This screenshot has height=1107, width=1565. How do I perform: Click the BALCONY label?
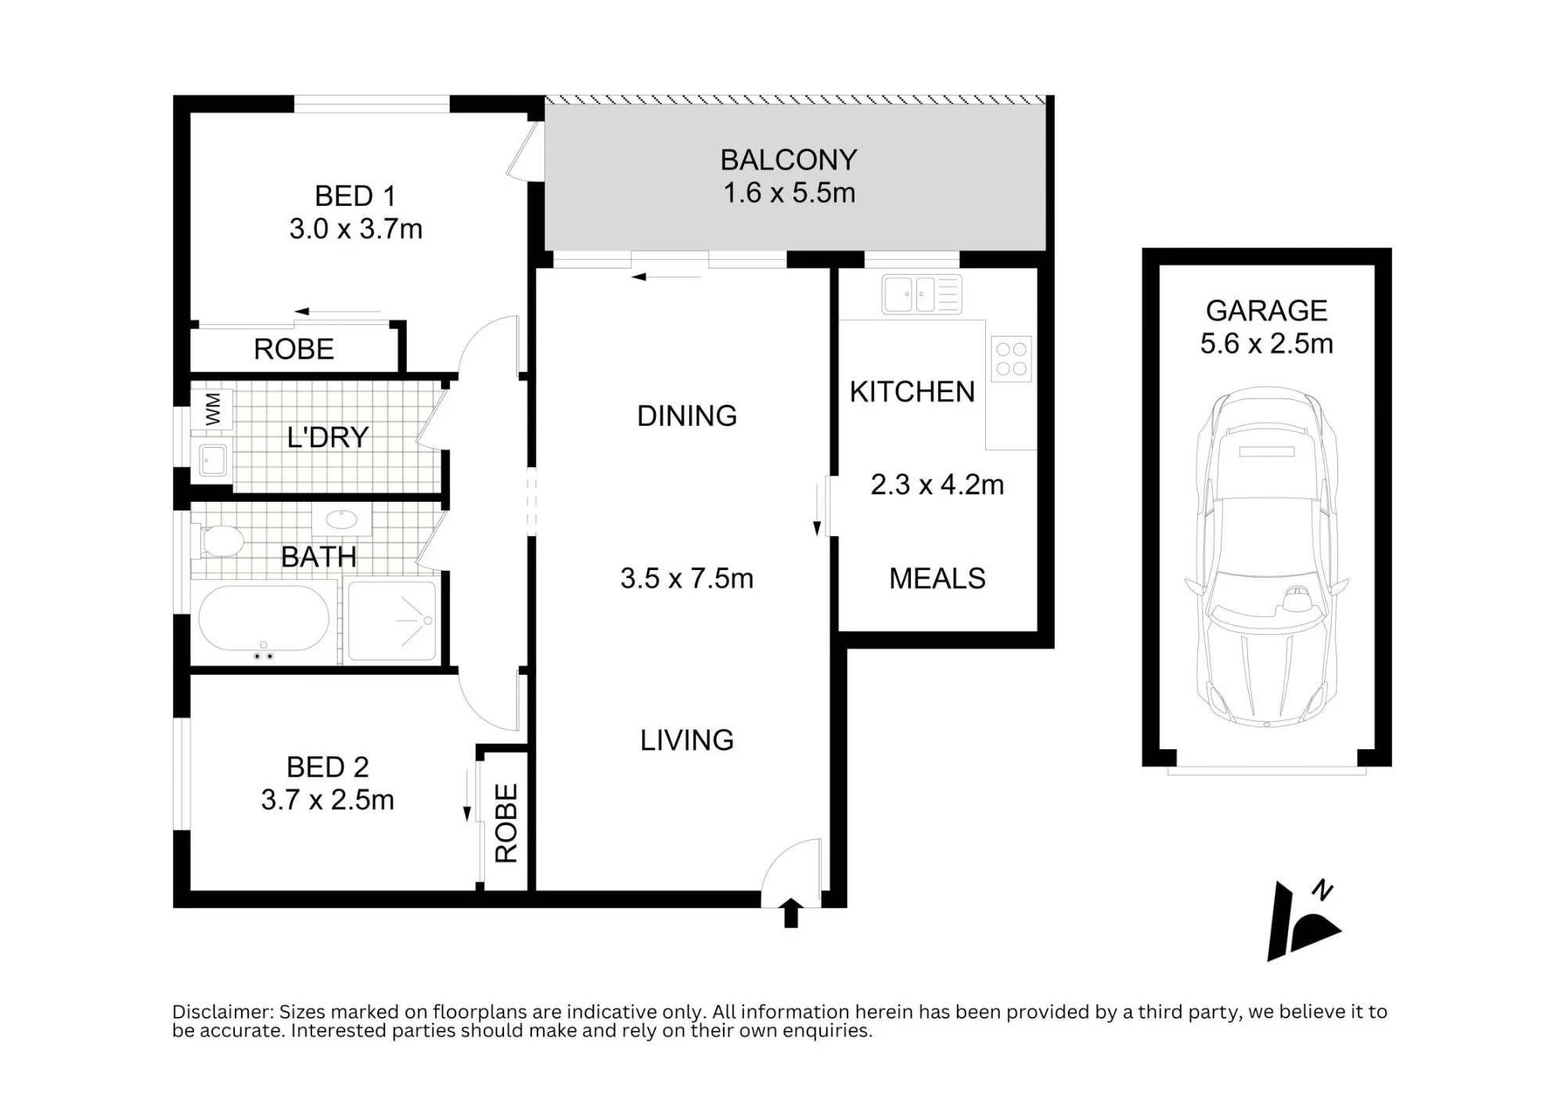tap(789, 160)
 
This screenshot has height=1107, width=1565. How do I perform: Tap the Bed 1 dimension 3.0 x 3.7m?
tap(356, 229)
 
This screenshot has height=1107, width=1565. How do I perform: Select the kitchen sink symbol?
tap(922, 294)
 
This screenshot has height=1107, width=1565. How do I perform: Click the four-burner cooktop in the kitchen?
tap(1011, 359)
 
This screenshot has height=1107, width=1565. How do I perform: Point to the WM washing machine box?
tap(214, 409)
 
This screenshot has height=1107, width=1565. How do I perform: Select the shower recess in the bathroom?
tap(392, 621)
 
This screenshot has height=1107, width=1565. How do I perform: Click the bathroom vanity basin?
tap(342, 519)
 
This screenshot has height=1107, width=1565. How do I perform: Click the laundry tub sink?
tap(212, 460)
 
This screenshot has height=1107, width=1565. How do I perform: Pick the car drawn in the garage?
tap(1267, 557)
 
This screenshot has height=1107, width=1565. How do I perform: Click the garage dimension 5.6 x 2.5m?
tap(1267, 344)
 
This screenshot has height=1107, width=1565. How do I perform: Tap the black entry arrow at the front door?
tap(791, 914)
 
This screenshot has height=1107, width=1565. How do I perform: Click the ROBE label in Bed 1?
tap(294, 349)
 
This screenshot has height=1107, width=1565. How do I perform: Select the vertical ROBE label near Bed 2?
tap(506, 824)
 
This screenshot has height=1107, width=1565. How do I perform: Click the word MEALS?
tap(937, 579)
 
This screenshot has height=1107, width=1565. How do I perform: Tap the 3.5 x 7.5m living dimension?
tap(687, 579)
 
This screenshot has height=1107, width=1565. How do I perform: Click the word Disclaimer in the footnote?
tap(222, 1011)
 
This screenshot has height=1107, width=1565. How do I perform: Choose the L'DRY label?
tap(328, 437)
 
